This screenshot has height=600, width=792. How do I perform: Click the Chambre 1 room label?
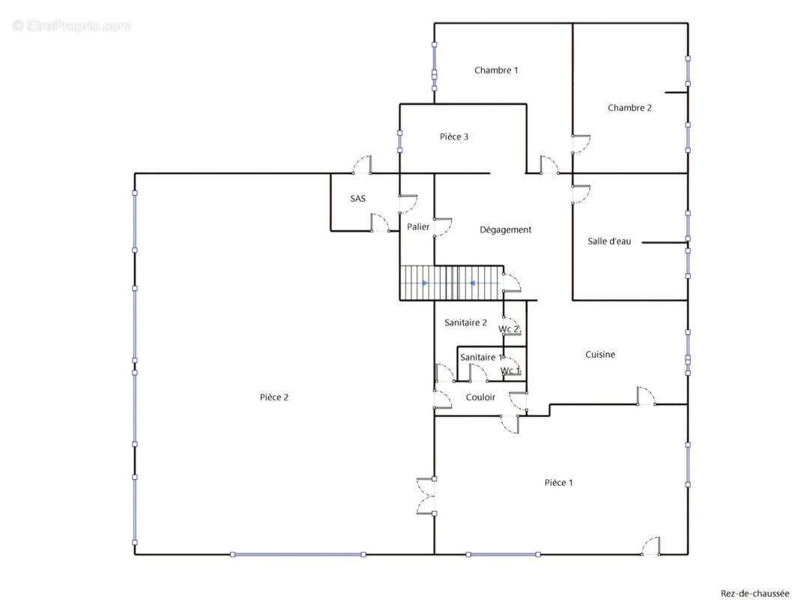click(x=496, y=70)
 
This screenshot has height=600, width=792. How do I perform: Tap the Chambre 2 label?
click(x=629, y=108)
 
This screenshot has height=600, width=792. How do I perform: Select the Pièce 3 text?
click(x=454, y=137)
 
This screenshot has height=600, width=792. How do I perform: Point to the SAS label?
click(x=358, y=199)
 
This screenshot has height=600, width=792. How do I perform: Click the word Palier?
click(x=418, y=226)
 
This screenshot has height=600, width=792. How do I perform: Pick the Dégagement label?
click(x=506, y=230)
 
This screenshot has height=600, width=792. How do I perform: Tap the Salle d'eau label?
click(x=609, y=241)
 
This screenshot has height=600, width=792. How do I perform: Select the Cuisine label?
click(x=600, y=355)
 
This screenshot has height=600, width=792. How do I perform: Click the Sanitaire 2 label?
click(x=466, y=323)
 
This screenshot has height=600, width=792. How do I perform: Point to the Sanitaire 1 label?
click(x=481, y=358)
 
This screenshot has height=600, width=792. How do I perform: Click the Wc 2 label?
click(x=510, y=329)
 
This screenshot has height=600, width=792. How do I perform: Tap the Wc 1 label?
click(x=510, y=370)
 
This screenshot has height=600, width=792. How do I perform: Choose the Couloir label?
click(x=480, y=397)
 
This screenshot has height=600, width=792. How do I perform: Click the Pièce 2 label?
click(x=274, y=397)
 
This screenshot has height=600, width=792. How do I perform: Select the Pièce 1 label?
click(x=559, y=483)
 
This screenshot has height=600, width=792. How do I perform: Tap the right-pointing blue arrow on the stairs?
click(x=425, y=283)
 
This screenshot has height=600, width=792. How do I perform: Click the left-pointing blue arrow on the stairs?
click(x=472, y=283)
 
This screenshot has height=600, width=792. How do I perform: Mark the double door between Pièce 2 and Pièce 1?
click(x=427, y=496)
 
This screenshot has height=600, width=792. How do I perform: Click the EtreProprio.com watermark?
click(x=71, y=26)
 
